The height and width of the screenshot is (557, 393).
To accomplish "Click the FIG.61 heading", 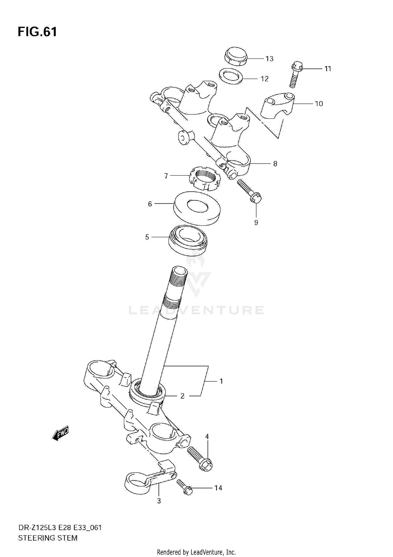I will [37, 32].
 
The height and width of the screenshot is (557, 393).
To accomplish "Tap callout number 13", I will [269, 59].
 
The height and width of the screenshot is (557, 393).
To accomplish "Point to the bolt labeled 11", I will [296, 75].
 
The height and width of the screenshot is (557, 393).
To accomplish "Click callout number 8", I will [275, 164].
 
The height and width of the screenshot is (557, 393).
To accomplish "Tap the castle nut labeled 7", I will [205, 179].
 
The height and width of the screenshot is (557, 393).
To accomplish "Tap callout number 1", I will [221, 381].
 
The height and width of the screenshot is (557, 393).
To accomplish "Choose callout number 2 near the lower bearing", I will [183, 396].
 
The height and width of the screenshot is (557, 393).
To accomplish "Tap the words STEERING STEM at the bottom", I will [48, 538].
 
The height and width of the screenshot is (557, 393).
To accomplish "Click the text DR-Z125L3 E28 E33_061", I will [60, 527].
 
